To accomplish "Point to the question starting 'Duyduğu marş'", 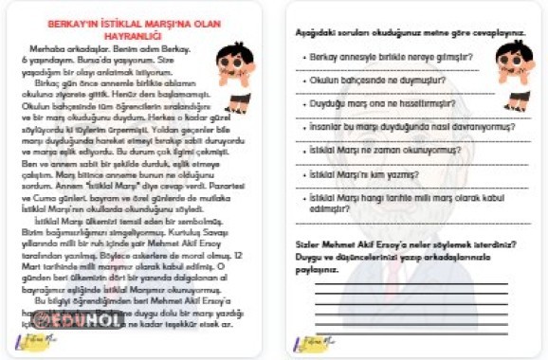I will pos(382,103).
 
